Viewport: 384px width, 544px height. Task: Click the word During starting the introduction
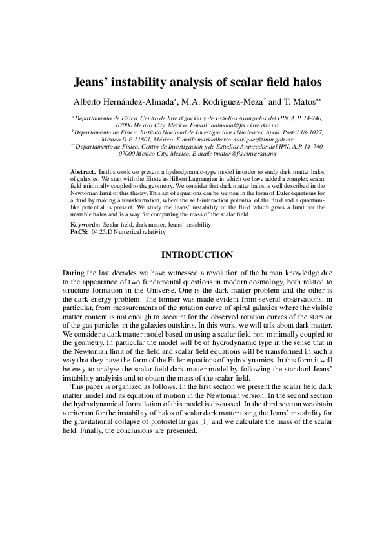point(76,273)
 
